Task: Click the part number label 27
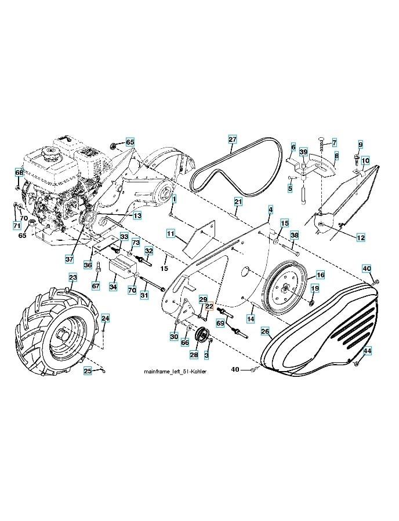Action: point(232,139)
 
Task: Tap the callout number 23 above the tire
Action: point(73,278)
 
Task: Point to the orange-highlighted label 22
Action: point(209,308)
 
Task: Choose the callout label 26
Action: point(265,332)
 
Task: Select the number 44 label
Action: point(367,351)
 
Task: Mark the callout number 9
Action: point(360,144)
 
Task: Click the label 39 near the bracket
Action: point(303,152)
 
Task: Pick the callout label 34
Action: point(113,287)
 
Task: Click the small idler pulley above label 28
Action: point(202,335)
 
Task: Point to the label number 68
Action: point(19,173)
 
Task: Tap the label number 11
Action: point(171,233)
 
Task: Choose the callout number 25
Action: point(88,371)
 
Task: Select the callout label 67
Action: point(96,286)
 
